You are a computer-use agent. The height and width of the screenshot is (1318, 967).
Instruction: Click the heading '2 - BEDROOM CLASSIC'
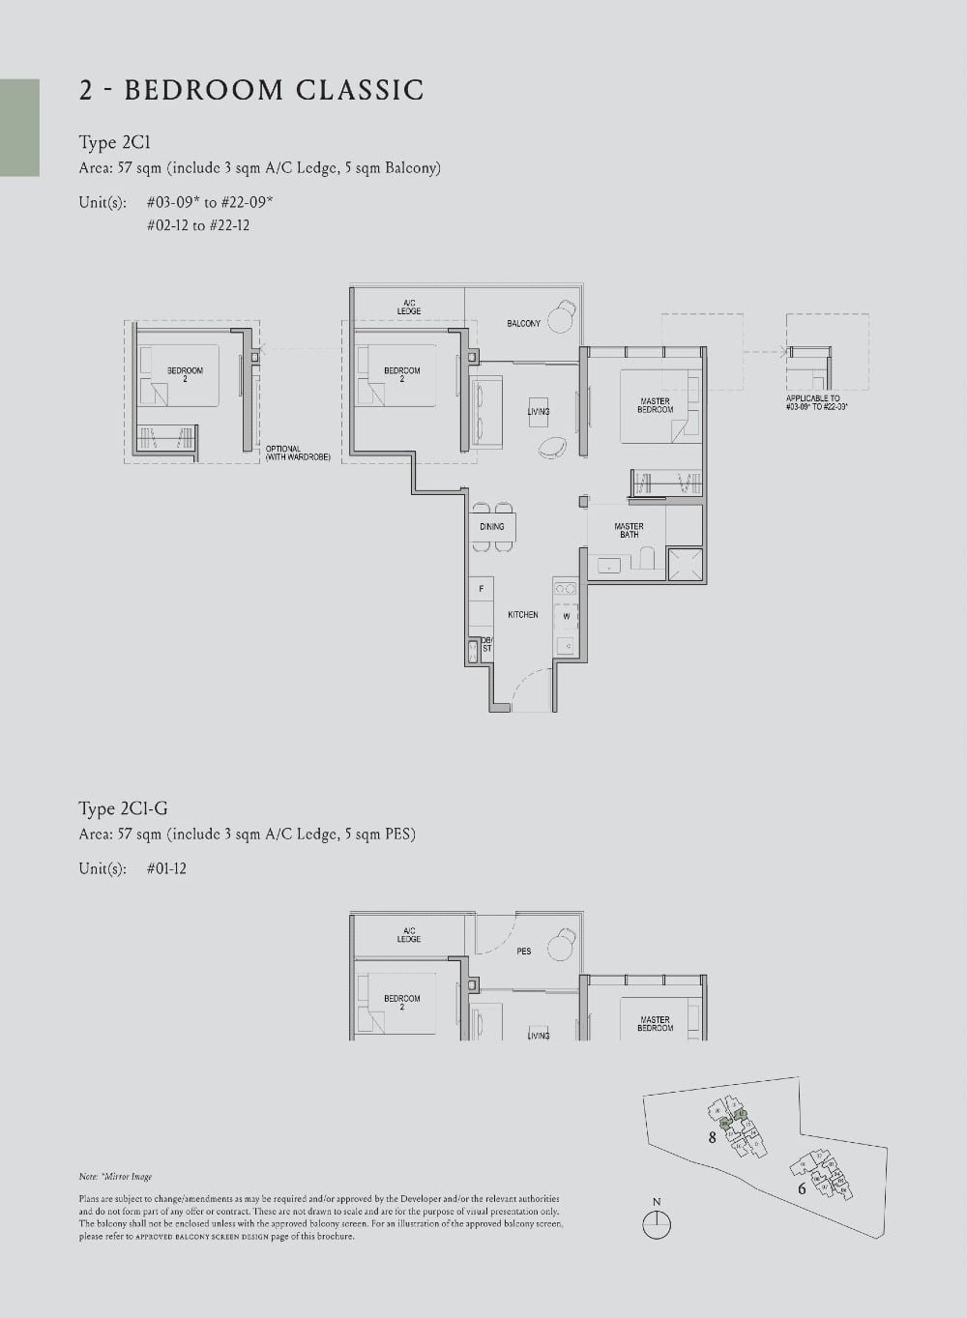[251, 90]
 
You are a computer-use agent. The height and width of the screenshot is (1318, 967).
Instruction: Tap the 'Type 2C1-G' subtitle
[123, 808]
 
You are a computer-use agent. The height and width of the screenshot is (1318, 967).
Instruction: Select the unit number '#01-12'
[166, 868]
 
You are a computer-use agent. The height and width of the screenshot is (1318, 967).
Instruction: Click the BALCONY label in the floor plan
[523, 323]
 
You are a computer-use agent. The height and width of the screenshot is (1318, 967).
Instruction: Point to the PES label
[523, 952]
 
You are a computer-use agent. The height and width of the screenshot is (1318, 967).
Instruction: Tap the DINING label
[491, 527]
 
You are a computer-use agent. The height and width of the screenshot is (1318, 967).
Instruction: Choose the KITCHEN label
[522, 615]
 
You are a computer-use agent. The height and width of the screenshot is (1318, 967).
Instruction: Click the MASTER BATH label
[629, 530]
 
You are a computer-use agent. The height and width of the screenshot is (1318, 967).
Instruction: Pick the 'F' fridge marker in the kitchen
[481, 589]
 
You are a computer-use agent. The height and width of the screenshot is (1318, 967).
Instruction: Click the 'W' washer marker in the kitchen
[567, 616]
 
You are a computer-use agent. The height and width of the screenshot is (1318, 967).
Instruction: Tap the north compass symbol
[657, 1223]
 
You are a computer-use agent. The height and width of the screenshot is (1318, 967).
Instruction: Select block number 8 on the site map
[713, 1137]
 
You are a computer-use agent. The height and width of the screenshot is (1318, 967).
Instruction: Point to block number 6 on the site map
[802, 1188]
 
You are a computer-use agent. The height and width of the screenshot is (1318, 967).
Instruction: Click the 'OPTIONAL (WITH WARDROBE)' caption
[298, 454]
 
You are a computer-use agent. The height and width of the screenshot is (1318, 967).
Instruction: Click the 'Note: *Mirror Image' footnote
[115, 1177]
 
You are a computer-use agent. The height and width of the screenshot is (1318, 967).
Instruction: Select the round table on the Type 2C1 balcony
[560, 318]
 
